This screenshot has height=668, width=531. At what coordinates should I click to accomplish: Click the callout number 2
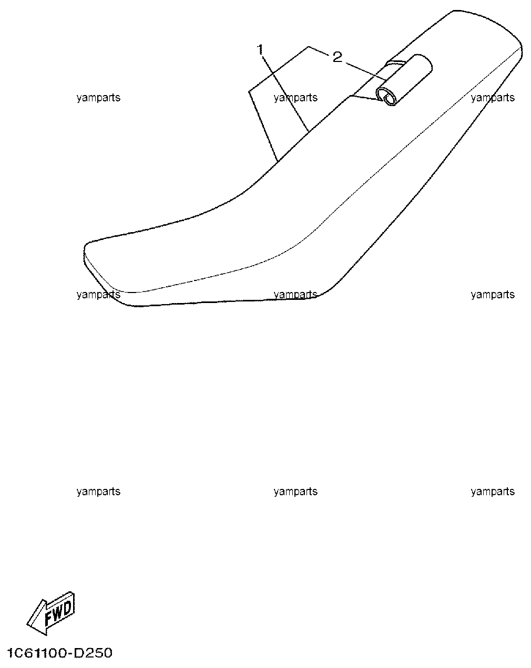click(x=337, y=57)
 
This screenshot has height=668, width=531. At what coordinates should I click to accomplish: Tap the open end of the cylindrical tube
click(x=385, y=97)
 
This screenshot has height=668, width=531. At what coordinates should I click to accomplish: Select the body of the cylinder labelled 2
click(x=404, y=79)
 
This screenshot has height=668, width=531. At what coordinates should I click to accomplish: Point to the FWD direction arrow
click(x=50, y=613)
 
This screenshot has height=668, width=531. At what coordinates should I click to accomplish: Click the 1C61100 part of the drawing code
click(x=37, y=653)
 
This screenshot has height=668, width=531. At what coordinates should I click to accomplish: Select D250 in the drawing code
click(x=93, y=653)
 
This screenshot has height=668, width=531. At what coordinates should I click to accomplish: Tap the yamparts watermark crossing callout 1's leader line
click(x=295, y=98)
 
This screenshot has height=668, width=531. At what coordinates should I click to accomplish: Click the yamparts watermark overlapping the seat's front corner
click(x=98, y=295)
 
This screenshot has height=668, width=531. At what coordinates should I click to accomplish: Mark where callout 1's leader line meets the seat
click(x=309, y=131)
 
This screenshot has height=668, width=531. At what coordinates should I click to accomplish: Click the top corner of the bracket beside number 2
click(x=308, y=47)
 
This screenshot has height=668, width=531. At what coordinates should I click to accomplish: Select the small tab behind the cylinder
click(x=395, y=63)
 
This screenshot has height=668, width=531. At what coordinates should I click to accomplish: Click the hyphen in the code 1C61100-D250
click(x=71, y=654)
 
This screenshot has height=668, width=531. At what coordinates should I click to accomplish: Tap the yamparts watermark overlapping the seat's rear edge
click(x=493, y=98)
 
